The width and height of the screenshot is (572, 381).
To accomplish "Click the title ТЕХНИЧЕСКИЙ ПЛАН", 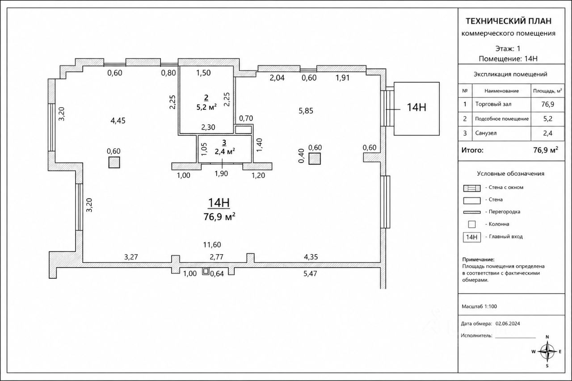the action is point(509,21).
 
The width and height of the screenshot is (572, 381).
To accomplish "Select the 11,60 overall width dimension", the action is point(212,245).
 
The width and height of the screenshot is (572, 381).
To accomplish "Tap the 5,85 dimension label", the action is point(306,111).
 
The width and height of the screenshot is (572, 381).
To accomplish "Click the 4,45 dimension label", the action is point(118,121).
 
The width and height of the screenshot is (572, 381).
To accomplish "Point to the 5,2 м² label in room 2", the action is point(206,107).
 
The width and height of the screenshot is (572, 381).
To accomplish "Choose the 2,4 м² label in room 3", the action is point(225,151).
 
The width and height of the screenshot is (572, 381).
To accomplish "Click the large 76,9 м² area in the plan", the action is point(219,217).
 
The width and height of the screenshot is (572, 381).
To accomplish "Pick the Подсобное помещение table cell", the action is point(502,119).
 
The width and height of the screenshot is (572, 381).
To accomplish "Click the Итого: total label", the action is point(472,150).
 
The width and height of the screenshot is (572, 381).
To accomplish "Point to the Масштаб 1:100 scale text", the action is point(479,306).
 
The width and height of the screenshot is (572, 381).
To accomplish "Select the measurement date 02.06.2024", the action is point(508,323).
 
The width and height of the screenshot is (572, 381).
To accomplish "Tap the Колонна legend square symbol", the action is point(471,224).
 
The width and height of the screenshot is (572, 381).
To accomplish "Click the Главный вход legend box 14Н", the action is point(471,237).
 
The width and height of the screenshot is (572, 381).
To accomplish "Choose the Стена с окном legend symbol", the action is point(471,188).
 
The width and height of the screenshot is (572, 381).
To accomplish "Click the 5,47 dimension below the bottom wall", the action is point(310,273).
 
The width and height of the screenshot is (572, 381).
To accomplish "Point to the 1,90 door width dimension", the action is point(221,174).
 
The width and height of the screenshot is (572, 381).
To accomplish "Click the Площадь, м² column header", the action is point(547,91).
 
